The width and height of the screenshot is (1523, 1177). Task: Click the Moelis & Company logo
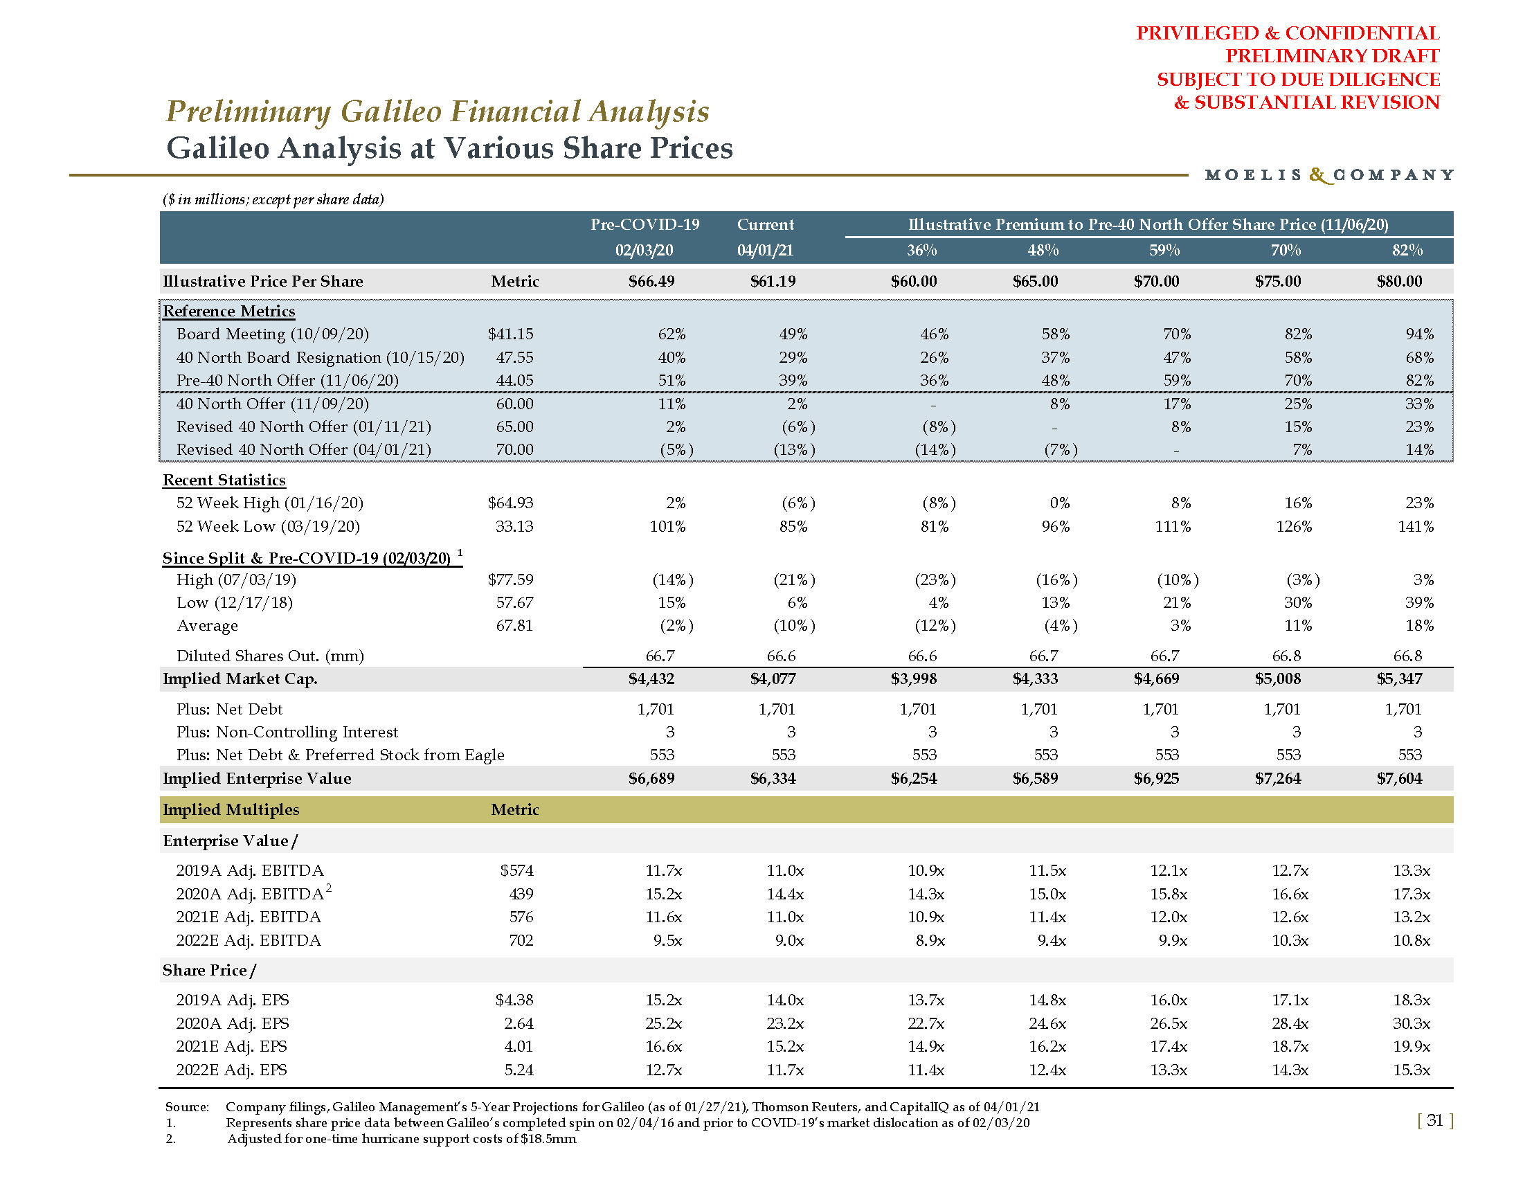point(1328,174)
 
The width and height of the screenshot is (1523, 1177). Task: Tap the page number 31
point(1434,1120)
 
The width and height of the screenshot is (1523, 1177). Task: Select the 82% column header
point(1407,251)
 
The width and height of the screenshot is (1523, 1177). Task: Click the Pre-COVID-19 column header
point(645,224)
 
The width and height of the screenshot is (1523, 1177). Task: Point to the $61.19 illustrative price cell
point(773,281)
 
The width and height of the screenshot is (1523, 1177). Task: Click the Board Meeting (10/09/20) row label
point(273,334)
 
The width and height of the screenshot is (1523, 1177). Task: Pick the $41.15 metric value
point(510,334)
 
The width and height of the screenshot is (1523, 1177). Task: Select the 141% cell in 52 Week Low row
point(1415,526)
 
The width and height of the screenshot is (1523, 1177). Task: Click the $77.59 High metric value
point(510,579)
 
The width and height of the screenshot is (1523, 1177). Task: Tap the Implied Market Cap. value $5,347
point(1399,679)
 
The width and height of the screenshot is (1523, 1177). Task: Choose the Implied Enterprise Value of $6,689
point(651,778)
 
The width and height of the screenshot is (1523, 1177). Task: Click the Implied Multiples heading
point(231,809)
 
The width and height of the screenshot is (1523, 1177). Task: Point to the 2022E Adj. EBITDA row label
point(249,940)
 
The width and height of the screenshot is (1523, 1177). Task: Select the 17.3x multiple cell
point(1412,894)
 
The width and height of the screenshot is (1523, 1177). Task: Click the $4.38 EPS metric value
point(514,1000)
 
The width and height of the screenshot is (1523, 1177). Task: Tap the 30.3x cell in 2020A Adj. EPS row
point(1412,1023)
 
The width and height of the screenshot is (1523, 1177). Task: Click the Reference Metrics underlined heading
point(228,311)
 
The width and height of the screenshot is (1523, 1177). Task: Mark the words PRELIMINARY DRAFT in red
point(1332,56)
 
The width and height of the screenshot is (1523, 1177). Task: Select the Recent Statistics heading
point(224,480)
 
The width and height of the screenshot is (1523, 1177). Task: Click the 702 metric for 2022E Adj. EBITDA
point(521,940)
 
